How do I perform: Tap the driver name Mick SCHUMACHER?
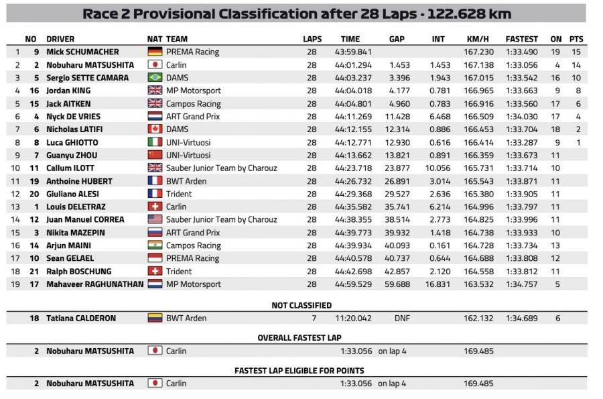click(x=82, y=52)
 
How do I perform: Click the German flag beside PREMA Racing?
click(x=155, y=52)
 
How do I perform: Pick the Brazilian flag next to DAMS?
click(x=155, y=78)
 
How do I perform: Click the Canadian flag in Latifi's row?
click(x=155, y=129)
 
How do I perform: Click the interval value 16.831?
click(x=438, y=284)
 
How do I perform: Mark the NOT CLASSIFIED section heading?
click(x=301, y=305)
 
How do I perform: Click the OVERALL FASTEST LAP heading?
click(x=301, y=338)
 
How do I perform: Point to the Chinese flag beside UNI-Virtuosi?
click(x=155, y=155)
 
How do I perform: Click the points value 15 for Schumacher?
click(x=576, y=52)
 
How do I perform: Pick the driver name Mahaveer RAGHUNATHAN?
click(x=95, y=284)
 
